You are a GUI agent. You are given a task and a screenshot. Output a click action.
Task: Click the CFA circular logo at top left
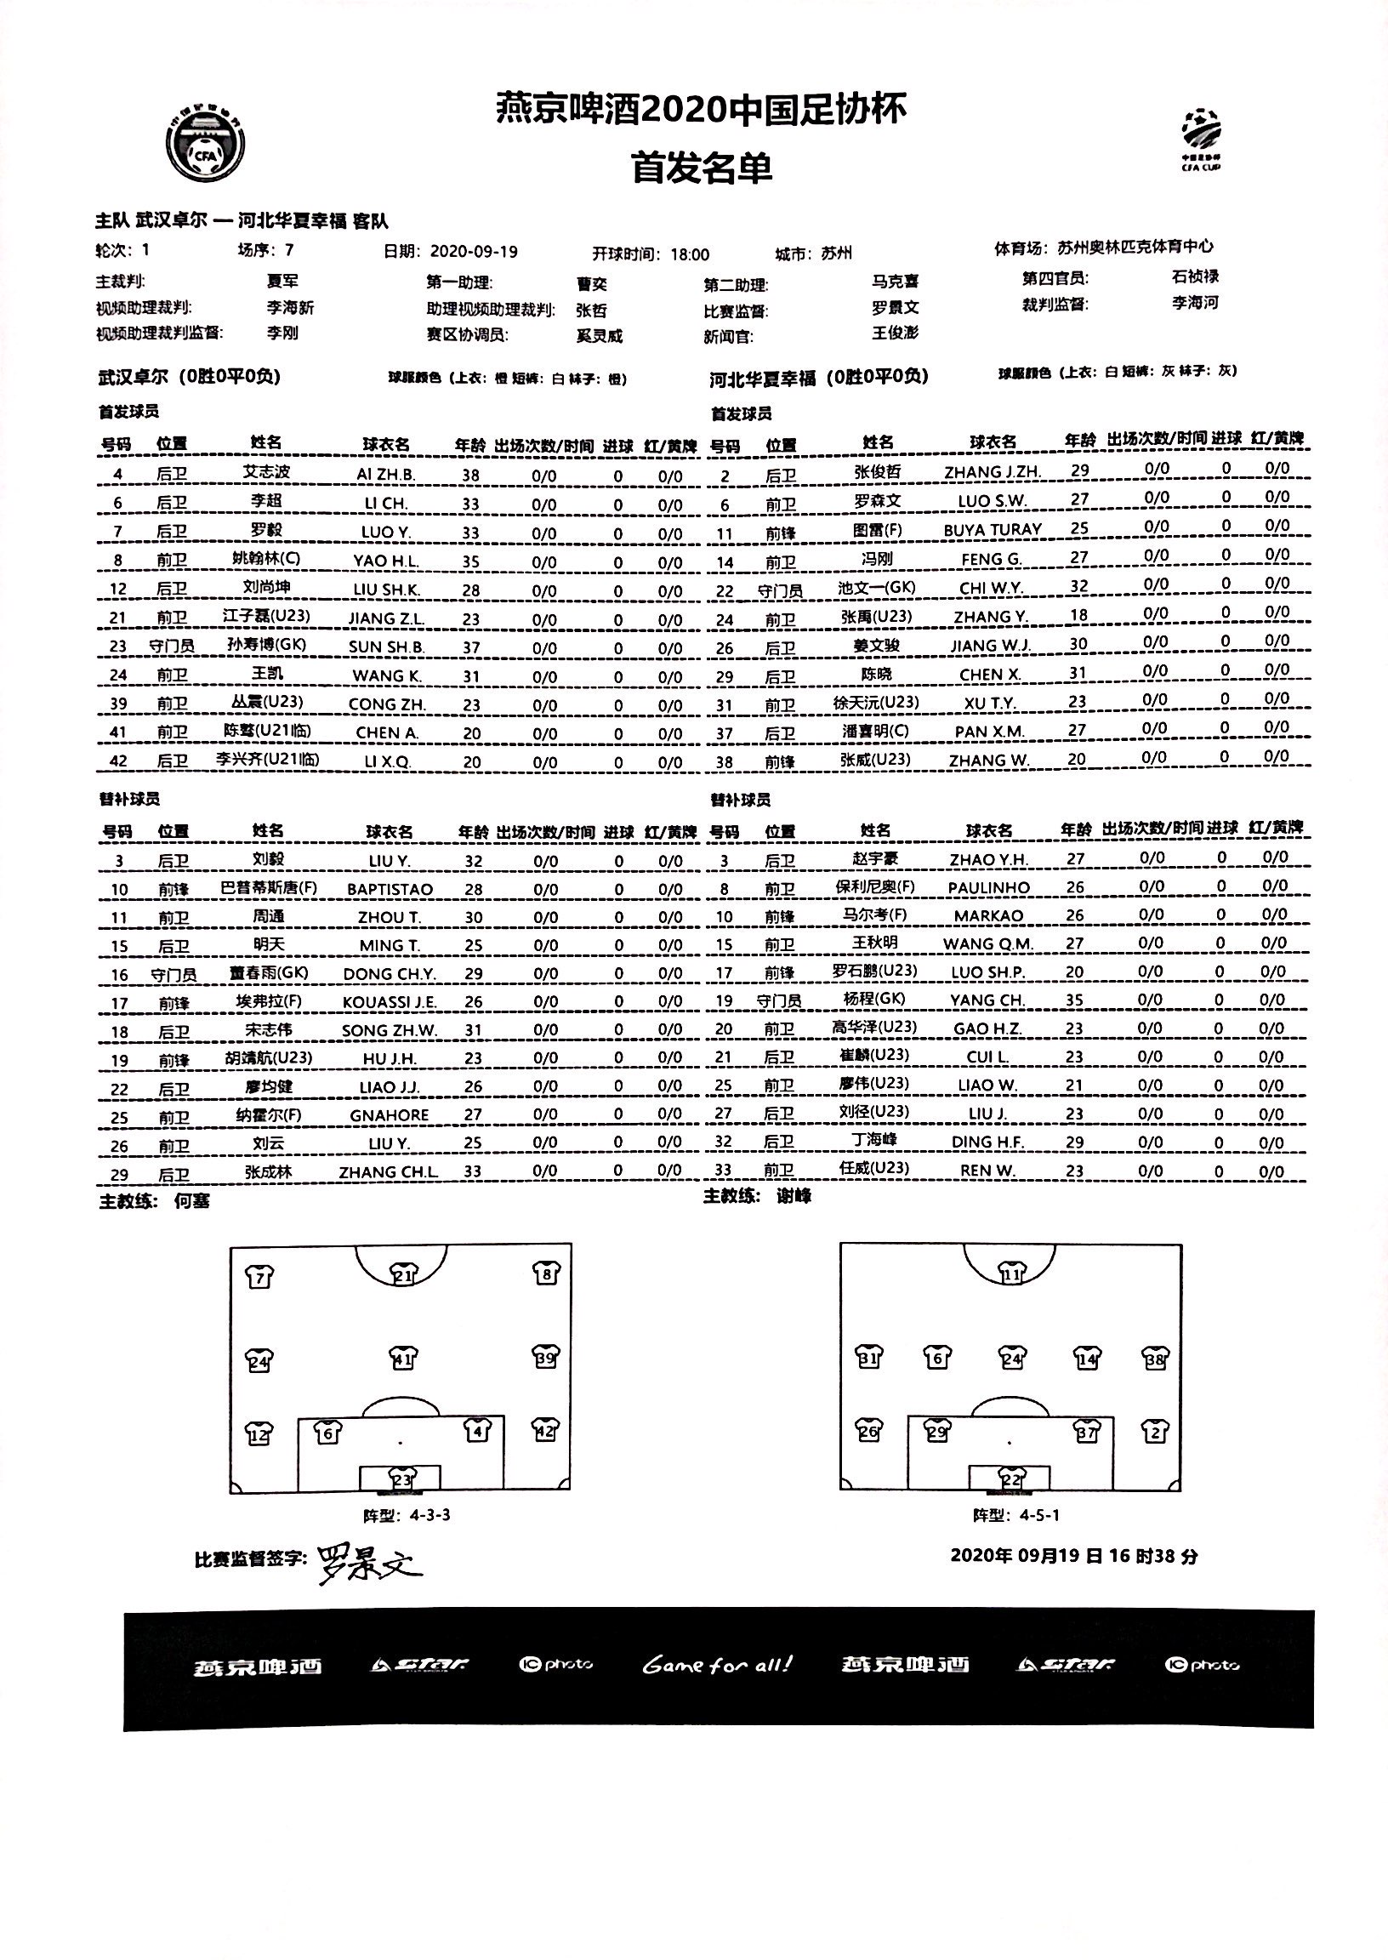click(x=206, y=146)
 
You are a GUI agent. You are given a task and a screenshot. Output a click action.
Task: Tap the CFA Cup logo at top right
click(x=1201, y=139)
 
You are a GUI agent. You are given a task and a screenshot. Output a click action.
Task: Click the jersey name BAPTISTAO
click(x=390, y=889)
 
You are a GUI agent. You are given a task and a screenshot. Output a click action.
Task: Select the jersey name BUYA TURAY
click(x=993, y=529)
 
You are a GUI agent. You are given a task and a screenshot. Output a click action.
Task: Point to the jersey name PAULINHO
click(x=989, y=887)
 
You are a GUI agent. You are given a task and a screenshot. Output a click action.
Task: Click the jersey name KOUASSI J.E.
click(x=389, y=1002)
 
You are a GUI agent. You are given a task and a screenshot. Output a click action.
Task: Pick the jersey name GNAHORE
click(x=389, y=1114)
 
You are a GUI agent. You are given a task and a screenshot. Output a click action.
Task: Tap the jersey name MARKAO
click(x=987, y=915)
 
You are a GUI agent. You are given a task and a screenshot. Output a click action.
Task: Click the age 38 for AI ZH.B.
click(x=470, y=476)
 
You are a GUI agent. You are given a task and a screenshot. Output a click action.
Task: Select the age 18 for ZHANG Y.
click(x=1078, y=614)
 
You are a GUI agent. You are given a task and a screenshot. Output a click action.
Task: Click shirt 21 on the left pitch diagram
click(x=402, y=1275)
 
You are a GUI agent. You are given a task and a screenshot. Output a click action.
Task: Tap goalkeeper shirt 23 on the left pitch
click(x=401, y=1479)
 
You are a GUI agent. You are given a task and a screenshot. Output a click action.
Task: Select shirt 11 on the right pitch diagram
click(x=1011, y=1273)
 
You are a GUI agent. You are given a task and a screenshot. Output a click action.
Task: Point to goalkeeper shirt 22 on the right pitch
click(x=1010, y=1478)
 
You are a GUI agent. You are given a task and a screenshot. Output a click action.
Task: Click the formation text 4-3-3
click(x=429, y=1516)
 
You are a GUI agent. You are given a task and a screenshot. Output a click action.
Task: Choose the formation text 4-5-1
click(x=1039, y=1516)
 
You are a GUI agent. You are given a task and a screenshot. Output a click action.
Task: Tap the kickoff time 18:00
click(x=690, y=254)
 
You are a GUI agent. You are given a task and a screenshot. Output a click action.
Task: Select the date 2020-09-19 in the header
click(x=474, y=251)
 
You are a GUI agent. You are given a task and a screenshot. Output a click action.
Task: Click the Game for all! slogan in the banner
click(x=717, y=1665)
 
